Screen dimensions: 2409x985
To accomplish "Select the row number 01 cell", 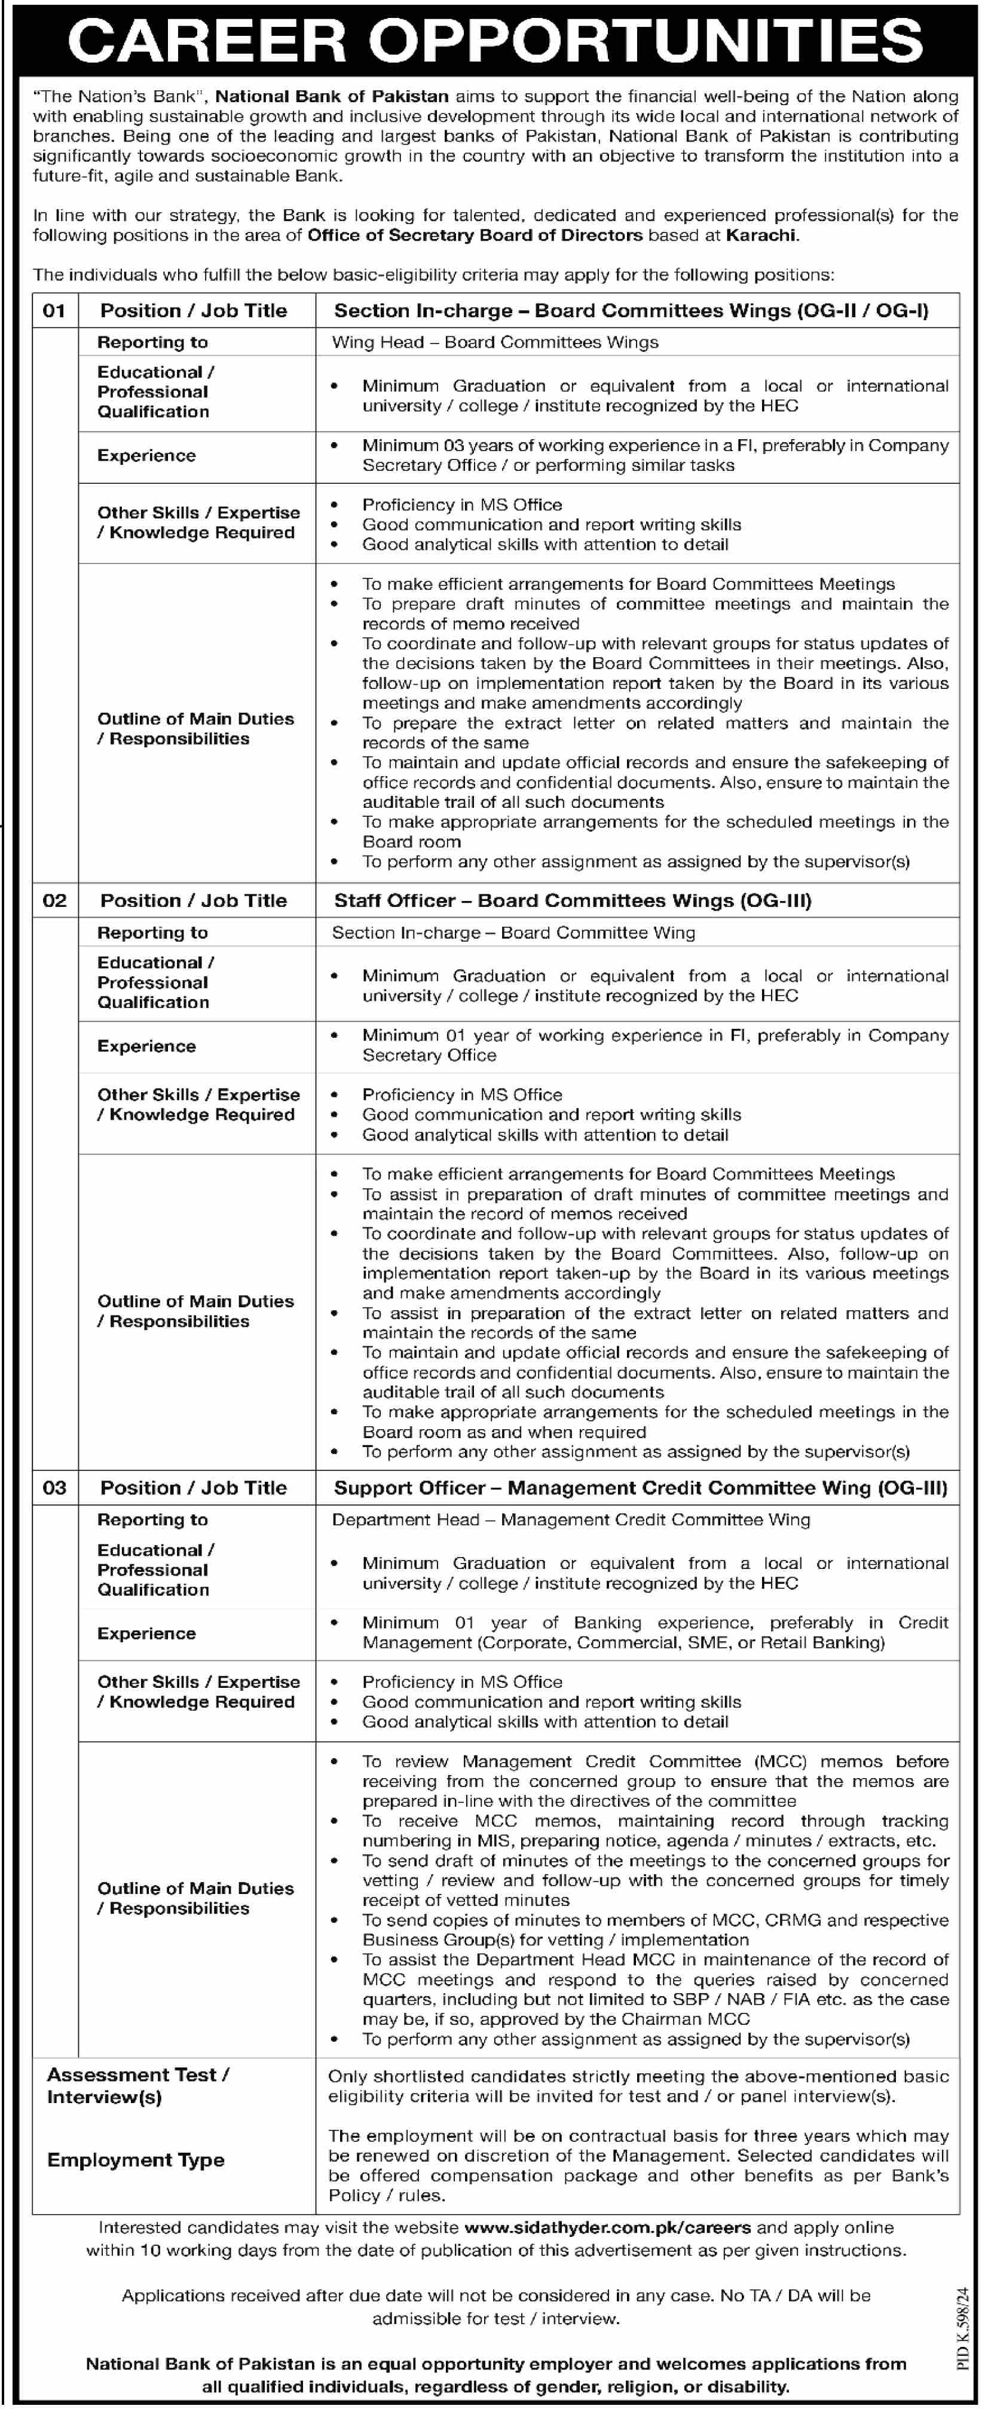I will pos(54,311).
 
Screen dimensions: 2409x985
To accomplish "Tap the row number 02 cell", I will pos(54,900).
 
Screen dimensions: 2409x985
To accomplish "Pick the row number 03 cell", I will pos(54,1488).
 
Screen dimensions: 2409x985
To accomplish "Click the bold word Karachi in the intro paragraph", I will pos(761,235).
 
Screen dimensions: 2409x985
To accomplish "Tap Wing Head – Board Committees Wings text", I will pos(495,342).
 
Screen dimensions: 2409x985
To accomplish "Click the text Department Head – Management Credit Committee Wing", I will pos(571,1519).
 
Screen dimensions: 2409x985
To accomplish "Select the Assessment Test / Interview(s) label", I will pos(139,2085).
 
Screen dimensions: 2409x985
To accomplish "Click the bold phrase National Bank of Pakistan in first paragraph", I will pos(332,96).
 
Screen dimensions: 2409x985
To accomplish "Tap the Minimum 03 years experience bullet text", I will pos(655,455).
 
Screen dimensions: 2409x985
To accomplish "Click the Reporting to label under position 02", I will pos(152,933).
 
